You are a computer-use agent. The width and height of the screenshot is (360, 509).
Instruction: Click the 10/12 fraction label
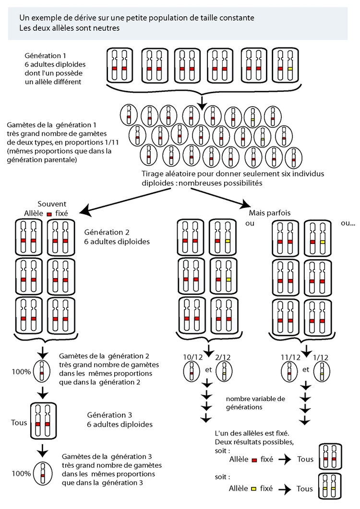click(x=193, y=358)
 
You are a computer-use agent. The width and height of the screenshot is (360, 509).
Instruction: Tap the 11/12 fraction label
click(x=291, y=358)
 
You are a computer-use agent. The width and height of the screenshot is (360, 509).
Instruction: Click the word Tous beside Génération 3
click(x=19, y=423)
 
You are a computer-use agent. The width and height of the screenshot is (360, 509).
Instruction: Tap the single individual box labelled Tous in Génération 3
click(x=44, y=420)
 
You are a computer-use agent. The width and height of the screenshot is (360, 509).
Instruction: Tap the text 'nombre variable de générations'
click(x=255, y=403)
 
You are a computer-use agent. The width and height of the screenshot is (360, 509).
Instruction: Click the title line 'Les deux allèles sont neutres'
click(x=70, y=27)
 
